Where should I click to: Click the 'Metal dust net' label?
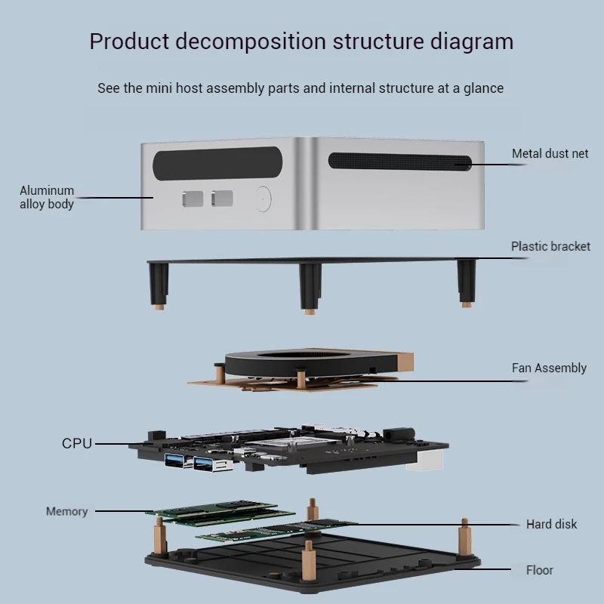pos(550,153)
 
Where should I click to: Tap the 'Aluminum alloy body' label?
pos(47,197)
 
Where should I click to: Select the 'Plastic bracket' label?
pos(550,246)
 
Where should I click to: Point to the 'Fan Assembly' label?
pos(549,368)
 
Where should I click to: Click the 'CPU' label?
pos(77,443)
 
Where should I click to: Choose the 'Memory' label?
pos(66,511)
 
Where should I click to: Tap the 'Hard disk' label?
pos(551,524)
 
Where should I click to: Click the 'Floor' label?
pos(539,570)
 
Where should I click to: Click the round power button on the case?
pos(263,199)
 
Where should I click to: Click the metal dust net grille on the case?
pos(399,161)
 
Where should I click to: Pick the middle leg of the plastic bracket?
pos(309,286)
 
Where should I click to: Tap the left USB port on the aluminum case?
pos(193,199)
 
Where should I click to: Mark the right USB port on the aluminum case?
pos(223,199)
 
